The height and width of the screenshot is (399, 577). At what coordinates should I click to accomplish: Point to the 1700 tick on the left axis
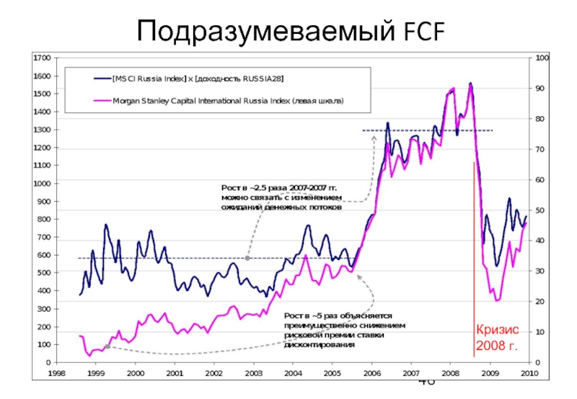pyautogui.click(x=42, y=57)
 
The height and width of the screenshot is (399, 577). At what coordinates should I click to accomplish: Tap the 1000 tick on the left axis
pyautogui.click(x=42, y=183)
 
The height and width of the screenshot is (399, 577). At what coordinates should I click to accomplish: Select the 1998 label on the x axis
pyautogui.click(x=57, y=372)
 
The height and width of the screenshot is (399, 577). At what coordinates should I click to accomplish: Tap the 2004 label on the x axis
pyautogui.click(x=292, y=372)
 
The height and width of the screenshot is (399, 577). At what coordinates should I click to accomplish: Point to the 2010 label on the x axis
pyautogui.click(x=529, y=372)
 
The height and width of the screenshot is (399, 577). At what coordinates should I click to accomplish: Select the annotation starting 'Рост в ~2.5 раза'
pyautogui.click(x=281, y=198)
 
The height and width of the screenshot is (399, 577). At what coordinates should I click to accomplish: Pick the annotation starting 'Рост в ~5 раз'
pyautogui.click(x=337, y=330)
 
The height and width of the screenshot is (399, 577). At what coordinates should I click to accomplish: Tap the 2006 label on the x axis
pyautogui.click(x=371, y=372)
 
